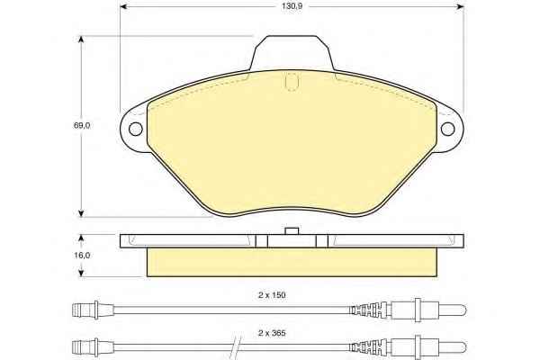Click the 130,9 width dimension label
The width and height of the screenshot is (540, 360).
292,6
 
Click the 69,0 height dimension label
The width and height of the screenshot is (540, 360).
82,126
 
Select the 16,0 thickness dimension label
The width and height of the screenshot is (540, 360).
82,256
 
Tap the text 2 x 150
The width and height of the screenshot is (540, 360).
272,295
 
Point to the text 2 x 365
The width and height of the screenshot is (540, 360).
272,333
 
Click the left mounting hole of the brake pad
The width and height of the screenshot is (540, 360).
135,129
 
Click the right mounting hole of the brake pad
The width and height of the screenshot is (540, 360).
447,129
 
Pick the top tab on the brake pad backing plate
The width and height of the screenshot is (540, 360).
292,53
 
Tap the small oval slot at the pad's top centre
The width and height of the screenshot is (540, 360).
292,82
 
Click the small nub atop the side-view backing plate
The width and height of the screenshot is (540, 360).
292,230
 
